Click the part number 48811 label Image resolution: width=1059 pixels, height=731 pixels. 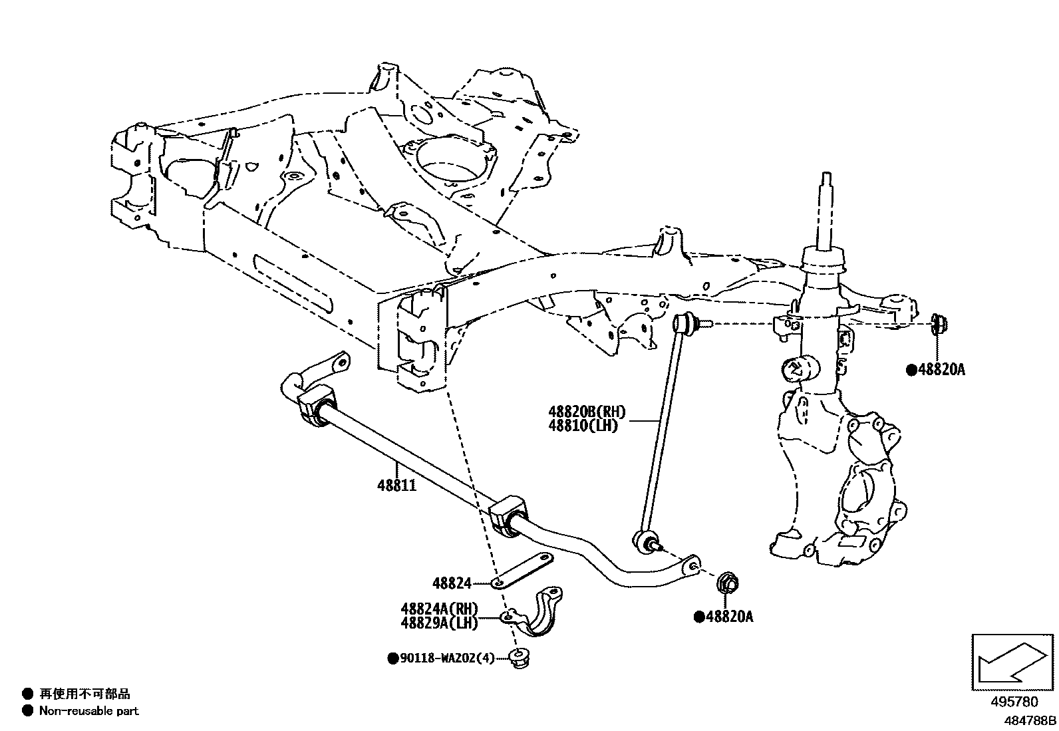[396, 486]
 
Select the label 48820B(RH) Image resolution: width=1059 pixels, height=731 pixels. [587, 413]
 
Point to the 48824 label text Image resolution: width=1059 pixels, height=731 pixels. [452, 583]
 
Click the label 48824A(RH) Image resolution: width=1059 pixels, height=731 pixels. [439, 609]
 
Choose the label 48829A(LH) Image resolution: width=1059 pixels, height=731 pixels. [439, 623]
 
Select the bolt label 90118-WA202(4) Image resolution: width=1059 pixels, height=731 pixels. [446, 658]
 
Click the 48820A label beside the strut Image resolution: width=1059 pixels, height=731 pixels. [940, 370]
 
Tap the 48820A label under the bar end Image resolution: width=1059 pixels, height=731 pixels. [729, 617]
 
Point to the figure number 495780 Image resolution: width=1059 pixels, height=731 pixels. [1013, 702]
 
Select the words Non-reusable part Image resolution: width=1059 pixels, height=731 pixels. [88, 711]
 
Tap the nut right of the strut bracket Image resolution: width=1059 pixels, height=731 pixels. [939, 324]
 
